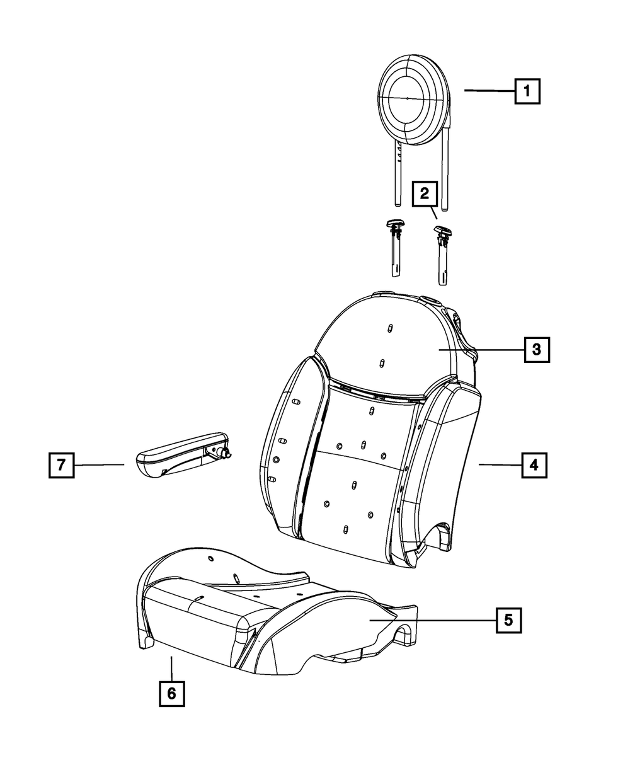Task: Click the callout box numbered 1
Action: [x=527, y=91]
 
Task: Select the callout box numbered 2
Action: [x=425, y=193]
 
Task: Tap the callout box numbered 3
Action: [x=536, y=348]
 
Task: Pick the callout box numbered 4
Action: [x=534, y=465]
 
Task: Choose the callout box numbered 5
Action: [x=508, y=620]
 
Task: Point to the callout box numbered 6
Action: [x=171, y=694]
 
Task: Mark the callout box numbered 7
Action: [x=61, y=465]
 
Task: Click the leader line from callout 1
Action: [x=490, y=91]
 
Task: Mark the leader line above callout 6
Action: [x=171, y=668]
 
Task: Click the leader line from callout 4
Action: [x=499, y=465]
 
